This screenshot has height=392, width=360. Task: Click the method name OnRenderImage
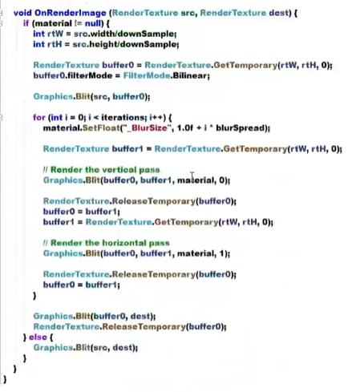[x=71, y=13]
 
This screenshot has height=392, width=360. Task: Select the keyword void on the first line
[x=22, y=13]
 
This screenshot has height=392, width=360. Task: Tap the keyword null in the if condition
[x=93, y=23]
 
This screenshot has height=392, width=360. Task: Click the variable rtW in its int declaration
[x=55, y=34]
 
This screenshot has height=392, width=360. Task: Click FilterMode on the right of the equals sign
[x=147, y=75]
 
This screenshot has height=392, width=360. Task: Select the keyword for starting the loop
[x=39, y=118]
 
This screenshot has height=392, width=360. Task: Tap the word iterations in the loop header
[x=123, y=118]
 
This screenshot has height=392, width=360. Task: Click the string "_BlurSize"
[x=146, y=128]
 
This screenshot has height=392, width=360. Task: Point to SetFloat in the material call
[x=101, y=128]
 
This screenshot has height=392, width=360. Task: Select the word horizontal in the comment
[x=124, y=243]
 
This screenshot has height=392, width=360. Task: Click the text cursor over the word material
[x=192, y=176]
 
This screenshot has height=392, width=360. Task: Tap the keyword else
[x=38, y=337]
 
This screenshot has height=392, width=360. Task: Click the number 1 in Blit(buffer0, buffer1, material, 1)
[x=221, y=253]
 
